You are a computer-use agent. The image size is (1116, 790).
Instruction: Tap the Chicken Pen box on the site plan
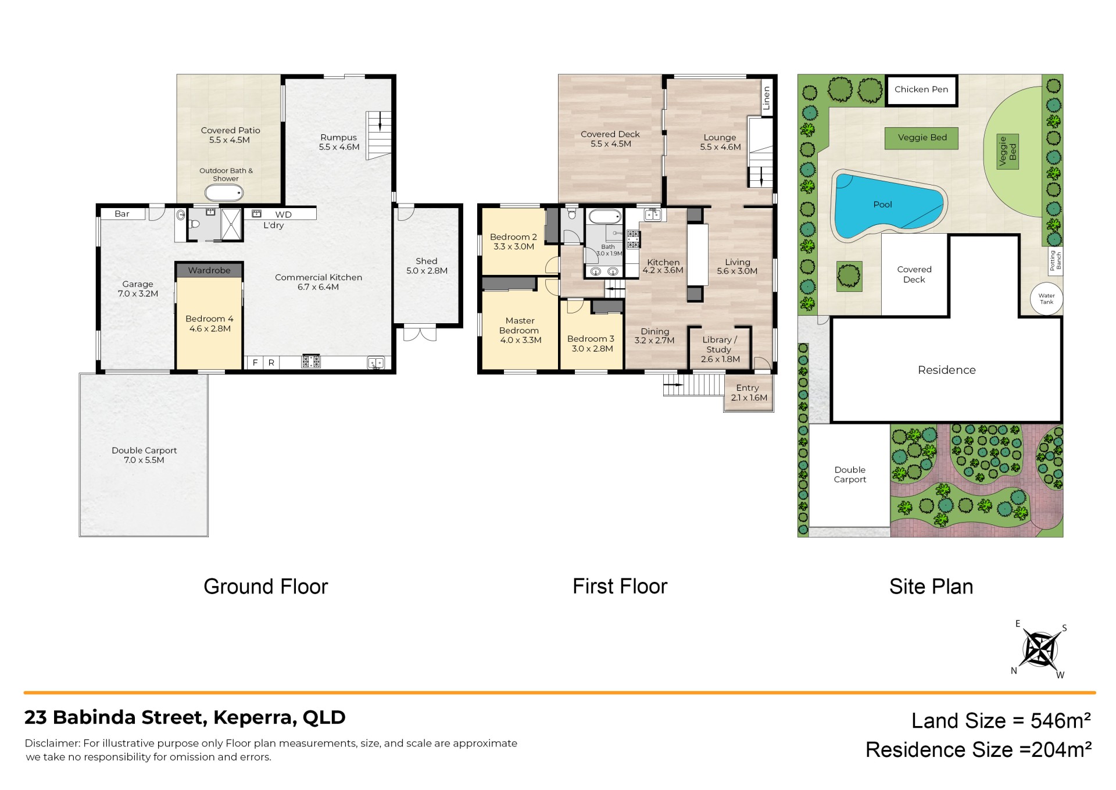[921, 90]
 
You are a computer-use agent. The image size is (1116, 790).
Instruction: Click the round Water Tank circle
[1047, 299]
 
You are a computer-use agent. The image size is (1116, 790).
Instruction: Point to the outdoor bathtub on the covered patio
[224, 193]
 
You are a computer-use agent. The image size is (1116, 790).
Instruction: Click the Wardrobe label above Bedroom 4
[209, 270]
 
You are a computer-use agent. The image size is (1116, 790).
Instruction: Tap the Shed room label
[427, 261]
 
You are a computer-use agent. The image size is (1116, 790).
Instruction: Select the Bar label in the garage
[122, 214]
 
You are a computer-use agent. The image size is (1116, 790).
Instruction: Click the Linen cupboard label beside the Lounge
[767, 98]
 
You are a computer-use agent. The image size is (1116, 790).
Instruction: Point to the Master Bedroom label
[520, 326]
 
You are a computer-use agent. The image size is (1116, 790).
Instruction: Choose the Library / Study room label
[720, 345]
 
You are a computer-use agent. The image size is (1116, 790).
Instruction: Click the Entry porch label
[747, 388]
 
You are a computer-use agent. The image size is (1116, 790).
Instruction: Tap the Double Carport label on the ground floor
[144, 451]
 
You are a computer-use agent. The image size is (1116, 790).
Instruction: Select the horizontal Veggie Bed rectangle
[922, 138]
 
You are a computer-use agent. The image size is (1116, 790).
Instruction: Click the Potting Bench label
[1055, 260]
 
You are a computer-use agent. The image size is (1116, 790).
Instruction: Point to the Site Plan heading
[931, 587]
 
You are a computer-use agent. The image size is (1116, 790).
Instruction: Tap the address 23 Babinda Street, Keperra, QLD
[185, 717]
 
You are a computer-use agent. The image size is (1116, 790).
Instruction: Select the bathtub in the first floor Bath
[605, 217]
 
